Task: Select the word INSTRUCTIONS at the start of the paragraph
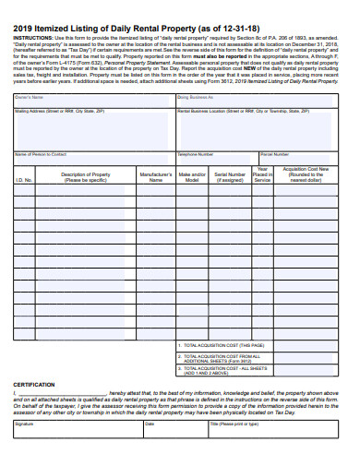pyautogui.click(x=32, y=38)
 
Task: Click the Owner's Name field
pyautogui.click(x=93, y=102)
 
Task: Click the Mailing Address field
pyautogui.click(x=93, y=128)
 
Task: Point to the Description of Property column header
pyautogui.click(x=86, y=176)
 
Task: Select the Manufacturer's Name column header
pyautogui.click(x=155, y=176)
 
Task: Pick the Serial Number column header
pyautogui.click(x=230, y=176)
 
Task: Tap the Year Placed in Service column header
pyautogui.click(x=262, y=174)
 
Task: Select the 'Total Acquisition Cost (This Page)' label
pyautogui.click(x=218, y=344)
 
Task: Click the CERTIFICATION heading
pyautogui.click(x=33, y=384)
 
